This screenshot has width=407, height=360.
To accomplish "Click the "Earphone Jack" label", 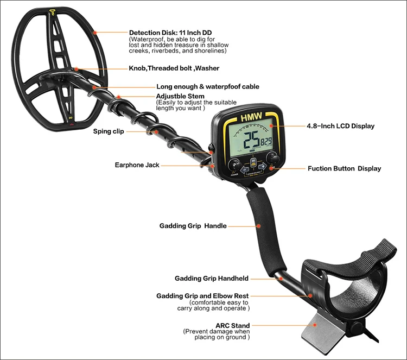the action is pos(137,165).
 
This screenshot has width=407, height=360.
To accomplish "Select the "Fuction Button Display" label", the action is pos(344,168).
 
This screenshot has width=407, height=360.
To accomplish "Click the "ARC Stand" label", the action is pos(232,326).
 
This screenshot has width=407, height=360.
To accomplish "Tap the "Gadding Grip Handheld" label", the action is pos(211,279).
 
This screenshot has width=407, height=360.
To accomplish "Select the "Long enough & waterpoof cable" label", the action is pos(207,86).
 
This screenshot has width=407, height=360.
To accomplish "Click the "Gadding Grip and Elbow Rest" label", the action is pos(203,296).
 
